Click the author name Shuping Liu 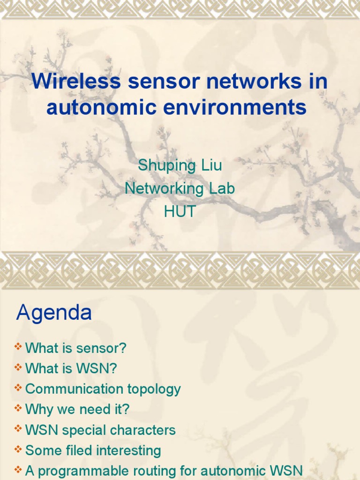point(180,165)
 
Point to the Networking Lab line point(180,188)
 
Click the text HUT point(180,211)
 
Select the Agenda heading point(54,313)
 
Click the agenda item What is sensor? point(76,348)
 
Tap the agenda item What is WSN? point(71,369)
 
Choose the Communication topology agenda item point(103,389)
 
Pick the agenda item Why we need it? point(77,410)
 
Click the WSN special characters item point(100,430)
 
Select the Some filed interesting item point(93,451)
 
